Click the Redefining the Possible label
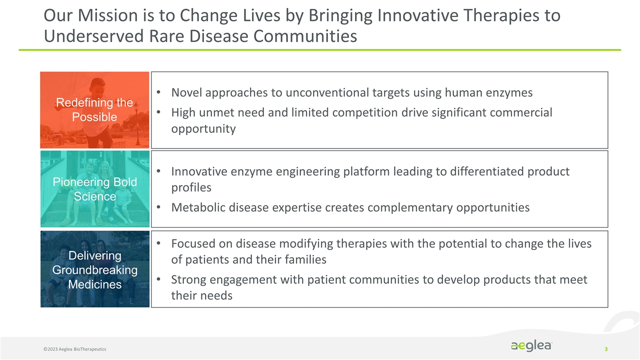click(94, 109)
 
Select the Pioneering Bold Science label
click(94, 189)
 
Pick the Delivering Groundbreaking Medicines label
click(94, 269)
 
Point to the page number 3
click(606, 348)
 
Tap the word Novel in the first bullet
click(186, 93)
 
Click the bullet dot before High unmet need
click(158, 112)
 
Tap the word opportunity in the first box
click(203, 128)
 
